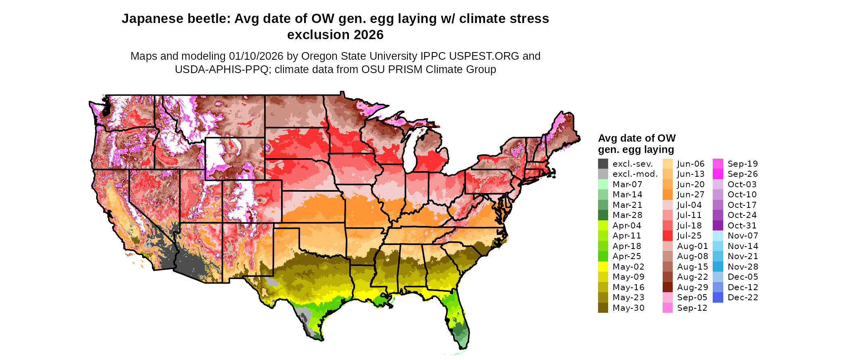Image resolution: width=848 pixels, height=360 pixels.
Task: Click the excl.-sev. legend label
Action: click(x=632, y=164)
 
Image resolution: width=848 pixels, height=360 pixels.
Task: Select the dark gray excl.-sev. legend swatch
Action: click(x=603, y=164)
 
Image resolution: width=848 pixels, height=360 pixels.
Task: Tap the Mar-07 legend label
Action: click(x=627, y=184)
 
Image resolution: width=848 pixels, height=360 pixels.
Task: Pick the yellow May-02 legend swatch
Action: click(x=603, y=267)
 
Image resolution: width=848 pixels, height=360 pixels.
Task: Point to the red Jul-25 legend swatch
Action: click(x=667, y=236)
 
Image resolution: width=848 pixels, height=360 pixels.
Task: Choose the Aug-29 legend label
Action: click(x=693, y=287)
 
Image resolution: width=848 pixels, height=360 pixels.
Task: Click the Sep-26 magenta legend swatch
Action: click(x=718, y=174)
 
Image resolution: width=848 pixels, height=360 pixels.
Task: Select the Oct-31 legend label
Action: click(x=742, y=226)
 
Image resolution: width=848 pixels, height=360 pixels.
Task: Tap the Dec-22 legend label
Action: click(x=743, y=297)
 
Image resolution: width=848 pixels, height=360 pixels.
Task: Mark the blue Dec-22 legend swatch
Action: click(x=718, y=297)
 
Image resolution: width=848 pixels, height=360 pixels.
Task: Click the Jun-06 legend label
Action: click(x=691, y=164)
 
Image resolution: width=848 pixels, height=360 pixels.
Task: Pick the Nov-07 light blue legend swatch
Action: click(x=718, y=236)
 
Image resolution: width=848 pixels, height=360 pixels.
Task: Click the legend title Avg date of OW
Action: click(x=636, y=138)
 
